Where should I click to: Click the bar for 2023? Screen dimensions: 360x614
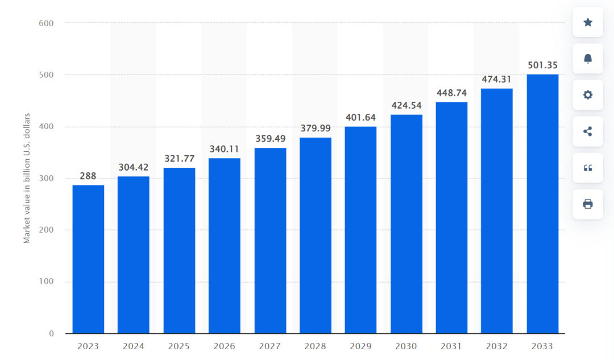tap(88, 259)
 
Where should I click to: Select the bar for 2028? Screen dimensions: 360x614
tap(316, 235)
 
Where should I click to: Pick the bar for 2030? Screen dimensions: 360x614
tap(406, 224)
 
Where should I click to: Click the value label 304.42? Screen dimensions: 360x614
tap(134, 167)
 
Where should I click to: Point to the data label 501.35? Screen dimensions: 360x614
tap(542, 65)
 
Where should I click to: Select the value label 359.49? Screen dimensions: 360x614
tap(270, 138)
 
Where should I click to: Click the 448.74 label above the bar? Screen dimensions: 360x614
tap(451, 93)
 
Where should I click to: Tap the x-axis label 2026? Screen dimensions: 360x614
tap(224, 346)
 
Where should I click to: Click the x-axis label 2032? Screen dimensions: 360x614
tap(496, 346)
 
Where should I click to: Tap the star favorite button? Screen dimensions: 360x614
tap(588, 22)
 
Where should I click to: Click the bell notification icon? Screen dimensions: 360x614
tap(588, 59)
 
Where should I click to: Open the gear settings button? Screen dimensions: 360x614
tap(588, 95)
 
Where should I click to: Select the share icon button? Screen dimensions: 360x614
tap(588, 131)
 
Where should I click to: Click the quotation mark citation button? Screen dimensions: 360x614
tap(588, 168)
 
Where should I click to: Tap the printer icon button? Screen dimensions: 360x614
tap(588, 204)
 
